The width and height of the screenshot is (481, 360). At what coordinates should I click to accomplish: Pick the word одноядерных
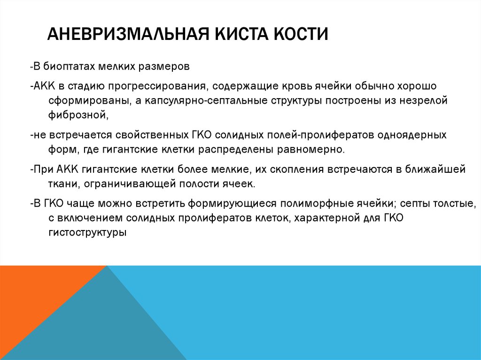pos(415,135)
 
